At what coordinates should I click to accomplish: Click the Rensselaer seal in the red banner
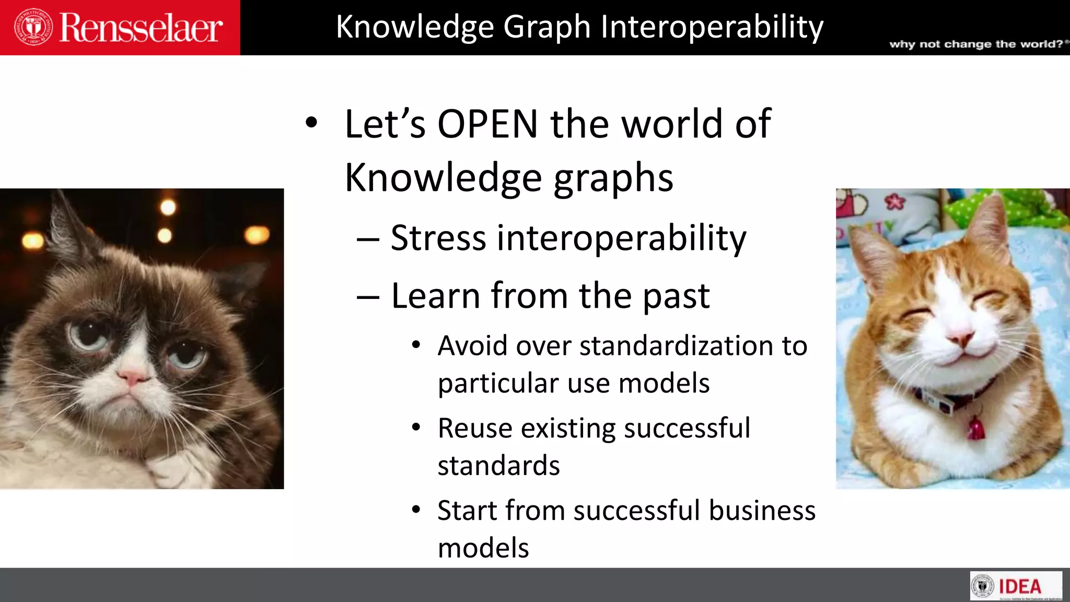pyautogui.click(x=33, y=27)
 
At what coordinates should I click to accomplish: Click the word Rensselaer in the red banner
pyautogui.click(x=141, y=28)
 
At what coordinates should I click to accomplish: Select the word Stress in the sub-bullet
pyautogui.click(x=438, y=238)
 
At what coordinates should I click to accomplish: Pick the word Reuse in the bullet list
pyautogui.click(x=475, y=428)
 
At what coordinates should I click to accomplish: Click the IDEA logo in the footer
pyautogui.click(x=1016, y=586)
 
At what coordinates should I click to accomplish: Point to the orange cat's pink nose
pyautogui.click(x=960, y=339)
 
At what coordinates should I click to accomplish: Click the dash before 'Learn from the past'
pyautogui.click(x=368, y=297)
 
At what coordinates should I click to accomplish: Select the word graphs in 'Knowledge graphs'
pyautogui.click(x=613, y=178)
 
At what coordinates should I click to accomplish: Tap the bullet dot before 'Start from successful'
pyautogui.click(x=416, y=510)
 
